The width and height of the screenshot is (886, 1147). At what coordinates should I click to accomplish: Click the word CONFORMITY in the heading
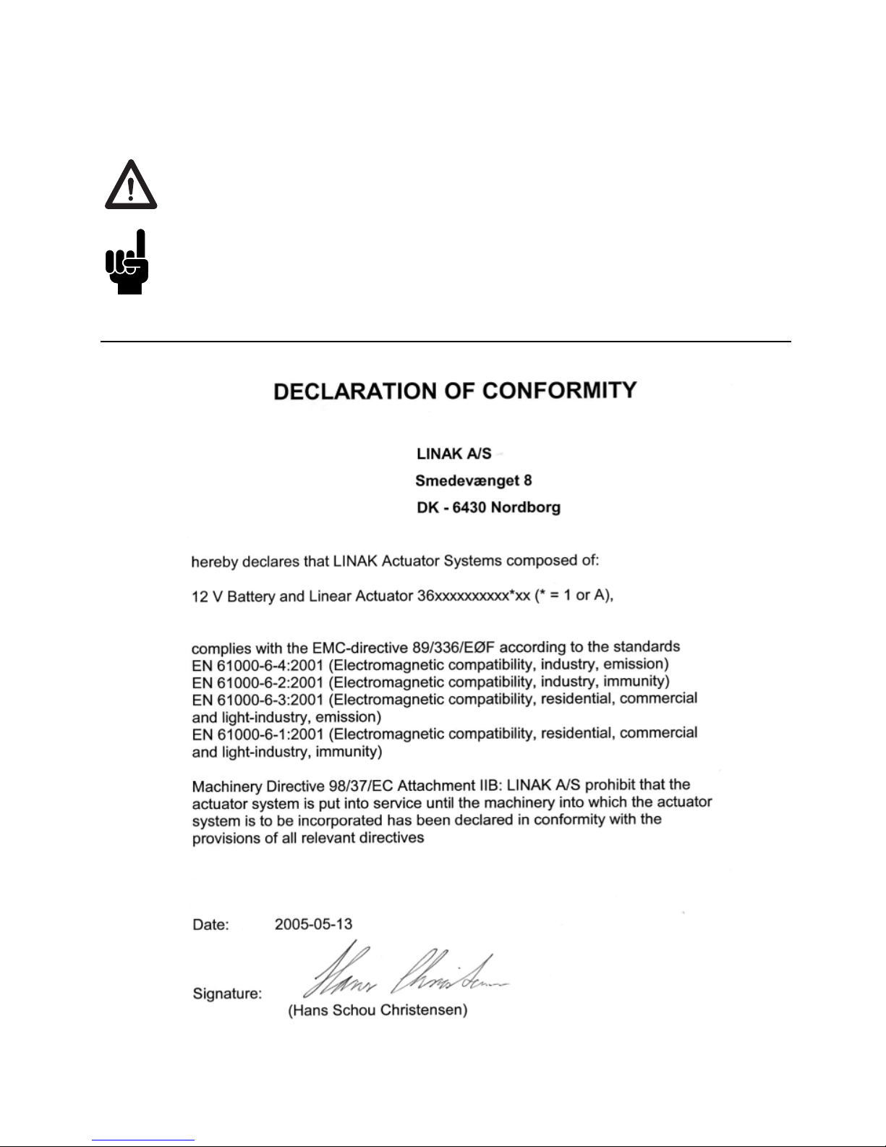tap(559, 391)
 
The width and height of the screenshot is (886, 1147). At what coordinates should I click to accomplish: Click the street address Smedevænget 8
tap(474, 481)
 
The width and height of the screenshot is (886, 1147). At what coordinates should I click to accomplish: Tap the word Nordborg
tap(526, 507)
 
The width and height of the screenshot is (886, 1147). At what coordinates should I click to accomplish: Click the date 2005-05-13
tap(313, 924)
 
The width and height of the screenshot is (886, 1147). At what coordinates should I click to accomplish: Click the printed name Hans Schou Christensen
tap(378, 1010)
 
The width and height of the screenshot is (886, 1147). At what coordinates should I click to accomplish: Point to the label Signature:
tap(227, 994)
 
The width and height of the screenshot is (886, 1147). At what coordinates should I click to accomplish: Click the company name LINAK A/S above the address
tap(453, 454)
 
